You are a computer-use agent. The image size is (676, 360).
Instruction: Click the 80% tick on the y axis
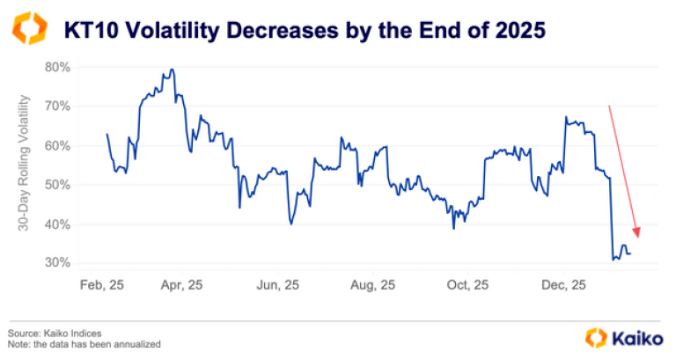57,67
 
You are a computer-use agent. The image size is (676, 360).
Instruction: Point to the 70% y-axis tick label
57,107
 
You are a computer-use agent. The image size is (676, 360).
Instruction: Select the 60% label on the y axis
57,145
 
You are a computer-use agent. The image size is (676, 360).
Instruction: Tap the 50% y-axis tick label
57,185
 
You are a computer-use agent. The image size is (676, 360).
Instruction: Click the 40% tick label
57,224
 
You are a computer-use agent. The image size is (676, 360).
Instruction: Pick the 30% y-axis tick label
57,263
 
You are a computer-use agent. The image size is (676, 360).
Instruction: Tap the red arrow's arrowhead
636,234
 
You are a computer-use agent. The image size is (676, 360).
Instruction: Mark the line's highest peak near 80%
172,70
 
